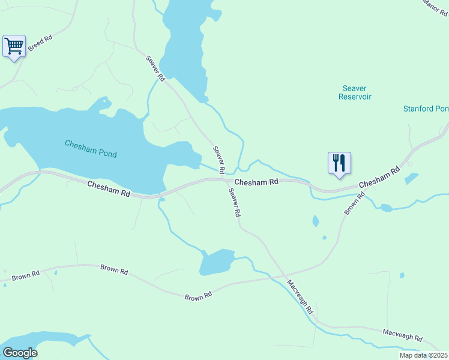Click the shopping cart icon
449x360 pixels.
click(14, 46)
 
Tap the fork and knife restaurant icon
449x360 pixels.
click(339, 162)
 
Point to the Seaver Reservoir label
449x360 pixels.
click(355, 92)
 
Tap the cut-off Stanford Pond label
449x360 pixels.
click(426, 109)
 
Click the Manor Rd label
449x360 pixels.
click(435, 7)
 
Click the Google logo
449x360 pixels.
click(20, 353)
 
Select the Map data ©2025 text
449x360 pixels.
click(423, 355)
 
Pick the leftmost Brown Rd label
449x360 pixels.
click(26, 275)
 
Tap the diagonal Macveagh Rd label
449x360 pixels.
click(300, 297)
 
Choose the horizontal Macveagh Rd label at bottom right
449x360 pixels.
click(403, 334)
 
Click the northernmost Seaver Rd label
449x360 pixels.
click(155, 68)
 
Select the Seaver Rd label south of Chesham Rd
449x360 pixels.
click(235, 202)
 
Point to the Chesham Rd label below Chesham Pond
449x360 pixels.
click(109, 189)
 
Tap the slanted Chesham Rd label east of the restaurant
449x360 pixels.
click(379, 178)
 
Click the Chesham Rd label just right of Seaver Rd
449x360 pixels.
click(256, 182)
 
